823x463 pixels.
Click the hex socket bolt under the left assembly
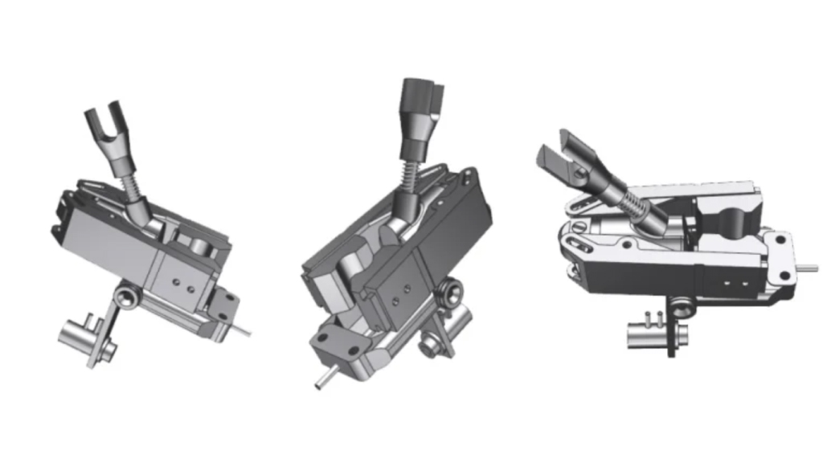point(126,299)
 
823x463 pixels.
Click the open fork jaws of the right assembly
point(563,154)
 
